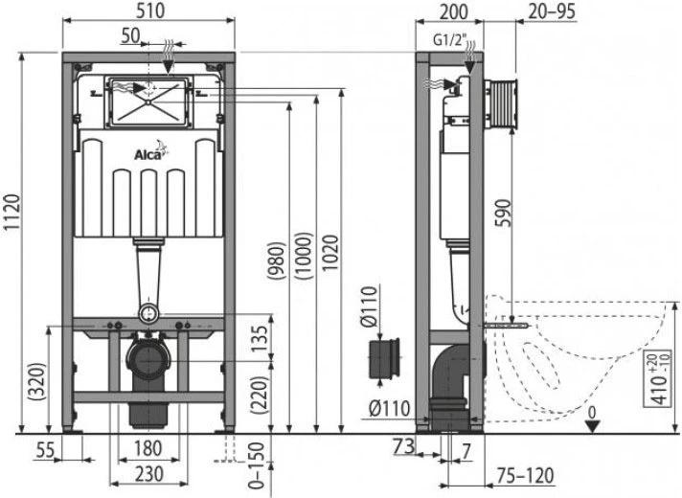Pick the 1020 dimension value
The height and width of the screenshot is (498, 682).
(x=331, y=257)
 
